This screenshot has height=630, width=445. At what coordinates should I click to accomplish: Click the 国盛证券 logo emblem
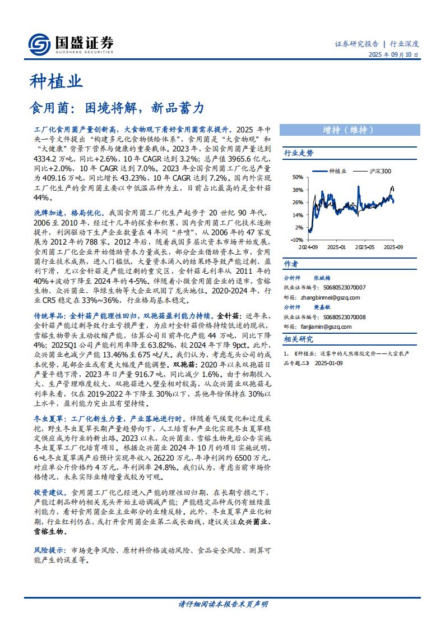click(x=39, y=44)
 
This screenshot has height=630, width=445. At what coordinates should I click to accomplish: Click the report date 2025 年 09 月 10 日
click(x=393, y=55)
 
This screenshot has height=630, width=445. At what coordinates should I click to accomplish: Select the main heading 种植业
click(x=55, y=82)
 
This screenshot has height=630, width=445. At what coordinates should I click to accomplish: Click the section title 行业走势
click(x=299, y=153)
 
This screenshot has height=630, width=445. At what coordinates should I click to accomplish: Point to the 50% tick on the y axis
click(x=297, y=177)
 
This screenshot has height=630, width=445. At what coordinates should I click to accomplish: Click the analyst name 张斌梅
click(x=322, y=277)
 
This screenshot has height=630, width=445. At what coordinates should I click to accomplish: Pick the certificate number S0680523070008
click(x=336, y=317)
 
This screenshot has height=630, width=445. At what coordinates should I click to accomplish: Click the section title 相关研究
click(x=299, y=339)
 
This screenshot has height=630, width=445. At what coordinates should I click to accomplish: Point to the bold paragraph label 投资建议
click(x=48, y=491)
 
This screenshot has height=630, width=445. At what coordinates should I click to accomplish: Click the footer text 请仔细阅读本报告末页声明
click(x=222, y=604)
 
